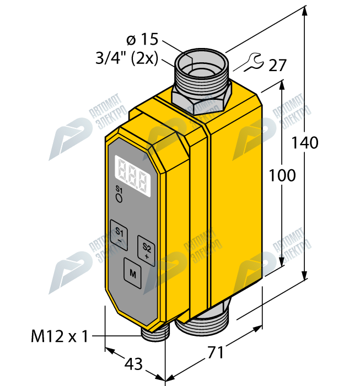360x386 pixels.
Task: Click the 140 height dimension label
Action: pyautogui.click(x=305, y=143)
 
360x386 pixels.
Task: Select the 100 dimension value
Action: pyautogui.click(x=282, y=175)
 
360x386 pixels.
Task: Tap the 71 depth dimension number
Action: pyautogui.click(x=216, y=352)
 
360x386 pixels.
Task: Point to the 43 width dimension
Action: pyautogui.click(x=133, y=364)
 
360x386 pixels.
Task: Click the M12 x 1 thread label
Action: pyautogui.click(x=60, y=336)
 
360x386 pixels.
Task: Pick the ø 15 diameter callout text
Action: pyautogui.click(x=142, y=39)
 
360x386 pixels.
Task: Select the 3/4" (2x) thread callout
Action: pyautogui.click(x=127, y=58)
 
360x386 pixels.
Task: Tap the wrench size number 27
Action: pyautogui.click(x=277, y=65)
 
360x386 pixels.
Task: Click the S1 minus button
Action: pyautogui.click(x=119, y=235)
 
